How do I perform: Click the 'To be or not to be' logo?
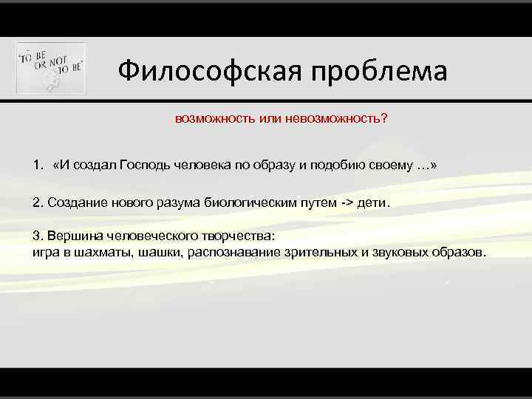point(51,68)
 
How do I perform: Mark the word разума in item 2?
point(166,202)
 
